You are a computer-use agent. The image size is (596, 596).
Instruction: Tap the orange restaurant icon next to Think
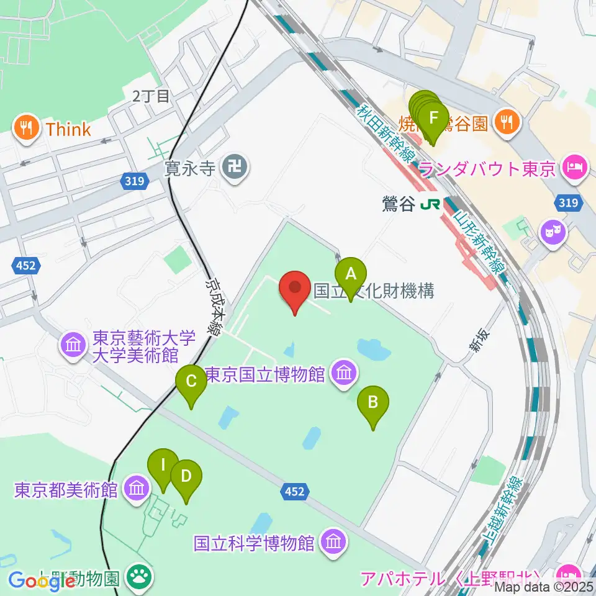pyautogui.click(x=26, y=129)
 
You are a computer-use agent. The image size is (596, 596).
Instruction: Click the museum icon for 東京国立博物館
pyautogui.click(x=342, y=374)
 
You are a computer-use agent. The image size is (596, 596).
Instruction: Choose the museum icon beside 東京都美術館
pyautogui.click(x=136, y=489)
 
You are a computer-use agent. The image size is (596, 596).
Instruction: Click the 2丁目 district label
pyautogui.click(x=150, y=96)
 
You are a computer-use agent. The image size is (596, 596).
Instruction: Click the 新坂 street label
pyautogui.click(x=477, y=342)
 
